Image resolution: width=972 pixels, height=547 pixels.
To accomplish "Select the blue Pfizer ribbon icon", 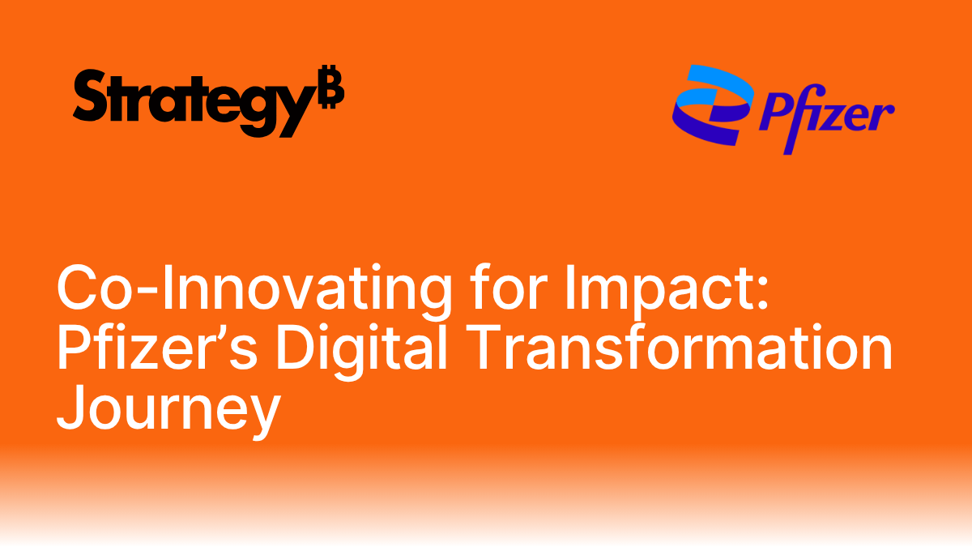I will [710, 105].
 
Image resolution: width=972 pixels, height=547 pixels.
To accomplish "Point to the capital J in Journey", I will [70, 410].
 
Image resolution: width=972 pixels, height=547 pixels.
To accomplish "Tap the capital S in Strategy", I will [88, 96].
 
